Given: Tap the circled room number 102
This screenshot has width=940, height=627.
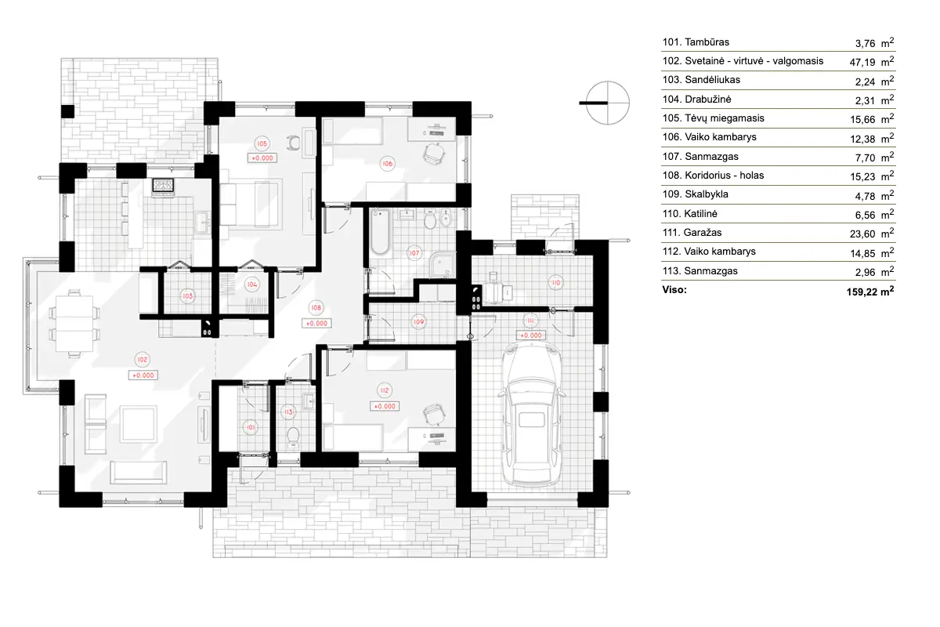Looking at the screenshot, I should [x=142, y=360].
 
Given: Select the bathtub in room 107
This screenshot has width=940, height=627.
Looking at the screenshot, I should [x=380, y=233].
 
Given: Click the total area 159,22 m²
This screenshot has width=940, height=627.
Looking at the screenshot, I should [x=864, y=290].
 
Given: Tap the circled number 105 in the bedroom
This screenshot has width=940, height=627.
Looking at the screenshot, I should [x=262, y=143].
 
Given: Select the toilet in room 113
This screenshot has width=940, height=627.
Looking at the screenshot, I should [x=293, y=436].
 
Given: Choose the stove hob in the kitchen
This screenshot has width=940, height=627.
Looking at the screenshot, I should [x=164, y=186].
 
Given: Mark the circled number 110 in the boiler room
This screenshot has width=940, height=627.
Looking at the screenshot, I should [x=555, y=282].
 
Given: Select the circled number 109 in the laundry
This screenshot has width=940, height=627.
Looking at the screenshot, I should [x=418, y=322].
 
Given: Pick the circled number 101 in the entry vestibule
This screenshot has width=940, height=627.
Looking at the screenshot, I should [x=251, y=427].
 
